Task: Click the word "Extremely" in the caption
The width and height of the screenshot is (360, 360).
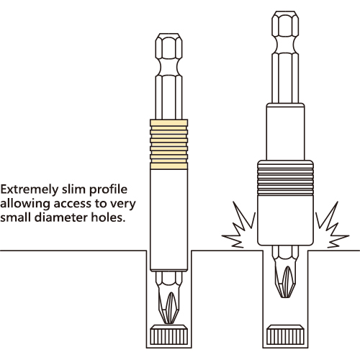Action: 30,190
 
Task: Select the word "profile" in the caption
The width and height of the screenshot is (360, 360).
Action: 108,190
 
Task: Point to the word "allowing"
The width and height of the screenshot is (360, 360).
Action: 25,204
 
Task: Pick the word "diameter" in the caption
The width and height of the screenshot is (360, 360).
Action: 61,217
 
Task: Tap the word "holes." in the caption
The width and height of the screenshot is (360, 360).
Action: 109,217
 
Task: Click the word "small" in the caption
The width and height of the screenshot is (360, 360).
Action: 16,217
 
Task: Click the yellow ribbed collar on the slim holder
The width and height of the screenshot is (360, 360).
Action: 169,145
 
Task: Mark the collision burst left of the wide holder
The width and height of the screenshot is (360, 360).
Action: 239,225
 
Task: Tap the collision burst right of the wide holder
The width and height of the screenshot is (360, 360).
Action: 332,225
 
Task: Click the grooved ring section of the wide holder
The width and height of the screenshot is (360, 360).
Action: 285,178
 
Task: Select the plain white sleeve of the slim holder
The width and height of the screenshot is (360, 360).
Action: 169,220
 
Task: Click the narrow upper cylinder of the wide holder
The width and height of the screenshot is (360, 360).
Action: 285,132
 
